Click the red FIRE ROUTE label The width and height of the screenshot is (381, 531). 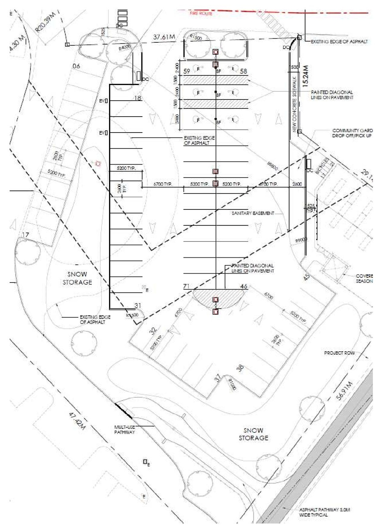[x=201, y=13]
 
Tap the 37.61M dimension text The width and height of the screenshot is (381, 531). [x=164, y=37]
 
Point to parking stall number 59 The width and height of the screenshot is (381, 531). [x=187, y=71]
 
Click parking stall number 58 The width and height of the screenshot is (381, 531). [x=243, y=71]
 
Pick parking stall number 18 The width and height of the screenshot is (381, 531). [x=138, y=98]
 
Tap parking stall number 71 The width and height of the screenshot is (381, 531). [x=186, y=286]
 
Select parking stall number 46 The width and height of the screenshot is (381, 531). [x=244, y=286]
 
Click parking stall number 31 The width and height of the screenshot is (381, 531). [x=138, y=306]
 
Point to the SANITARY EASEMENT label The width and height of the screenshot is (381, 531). [x=253, y=214]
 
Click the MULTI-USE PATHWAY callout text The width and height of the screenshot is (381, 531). [x=125, y=430]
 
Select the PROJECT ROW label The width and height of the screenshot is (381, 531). [x=339, y=353]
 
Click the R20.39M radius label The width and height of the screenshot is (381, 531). [x=47, y=23]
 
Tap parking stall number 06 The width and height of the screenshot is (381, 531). [x=76, y=66]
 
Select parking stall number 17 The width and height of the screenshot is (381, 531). [x=25, y=235]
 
